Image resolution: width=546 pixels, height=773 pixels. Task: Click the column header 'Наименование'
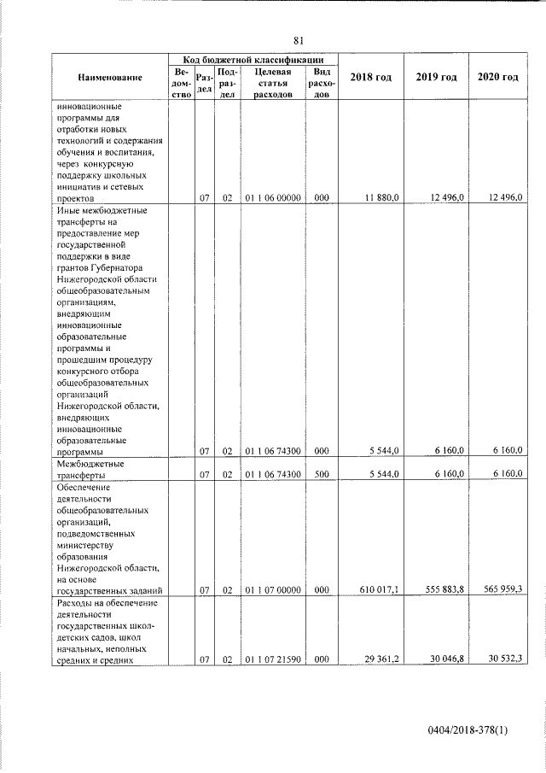pyautogui.click(x=109, y=78)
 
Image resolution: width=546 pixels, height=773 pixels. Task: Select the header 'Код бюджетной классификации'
pyautogui.click(x=253, y=60)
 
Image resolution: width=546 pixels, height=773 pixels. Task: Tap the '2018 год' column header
pyautogui.click(x=371, y=78)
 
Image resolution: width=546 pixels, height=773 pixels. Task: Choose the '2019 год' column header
pyautogui.click(x=436, y=78)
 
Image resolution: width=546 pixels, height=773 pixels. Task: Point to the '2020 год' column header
pyautogui.click(x=498, y=78)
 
